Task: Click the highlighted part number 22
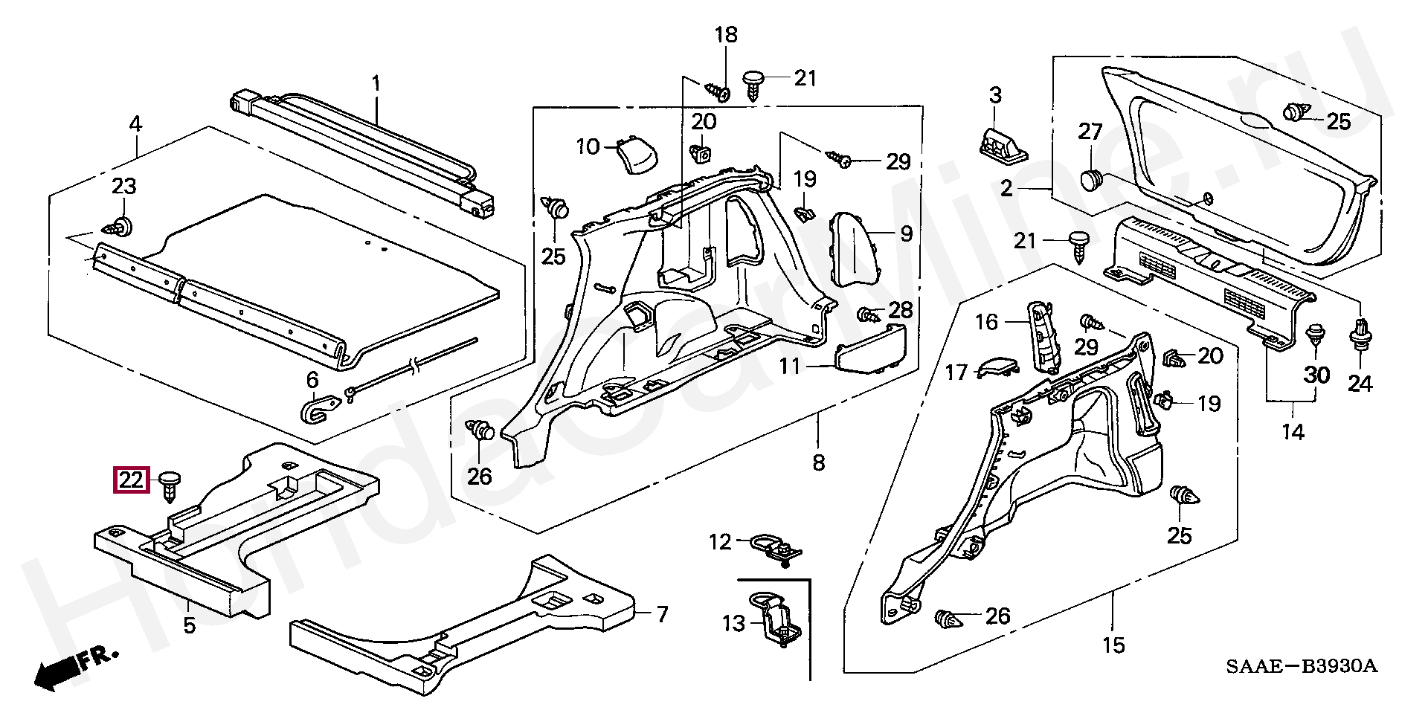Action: coord(131,480)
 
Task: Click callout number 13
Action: coord(733,623)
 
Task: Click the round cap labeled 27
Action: coord(1092,181)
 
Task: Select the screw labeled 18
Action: coord(718,91)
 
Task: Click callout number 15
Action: coord(1113,645)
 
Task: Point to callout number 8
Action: coord(818,463)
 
